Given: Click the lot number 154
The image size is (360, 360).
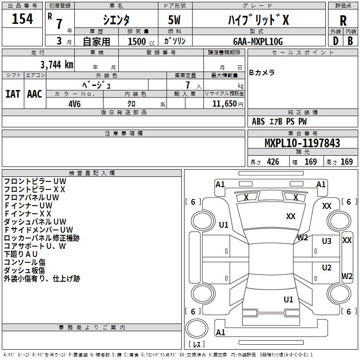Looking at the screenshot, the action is [22, 19].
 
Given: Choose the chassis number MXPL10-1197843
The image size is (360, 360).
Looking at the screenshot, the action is [302, 143].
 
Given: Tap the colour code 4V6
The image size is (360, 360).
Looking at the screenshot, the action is [75, 103].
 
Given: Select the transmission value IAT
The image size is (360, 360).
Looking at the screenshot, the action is [13, 94].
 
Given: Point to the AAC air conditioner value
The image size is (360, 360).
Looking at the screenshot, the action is [34, 94].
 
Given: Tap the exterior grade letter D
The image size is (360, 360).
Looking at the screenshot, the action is [335, 40].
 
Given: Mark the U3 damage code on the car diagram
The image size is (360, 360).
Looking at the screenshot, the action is [326, 241].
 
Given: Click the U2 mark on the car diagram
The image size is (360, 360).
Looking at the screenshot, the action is [326, 267].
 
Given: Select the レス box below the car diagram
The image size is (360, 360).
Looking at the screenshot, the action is [196, 345].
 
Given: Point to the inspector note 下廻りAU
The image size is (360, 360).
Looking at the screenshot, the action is [21, 254].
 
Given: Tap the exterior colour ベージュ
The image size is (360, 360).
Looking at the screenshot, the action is [97, 85].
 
